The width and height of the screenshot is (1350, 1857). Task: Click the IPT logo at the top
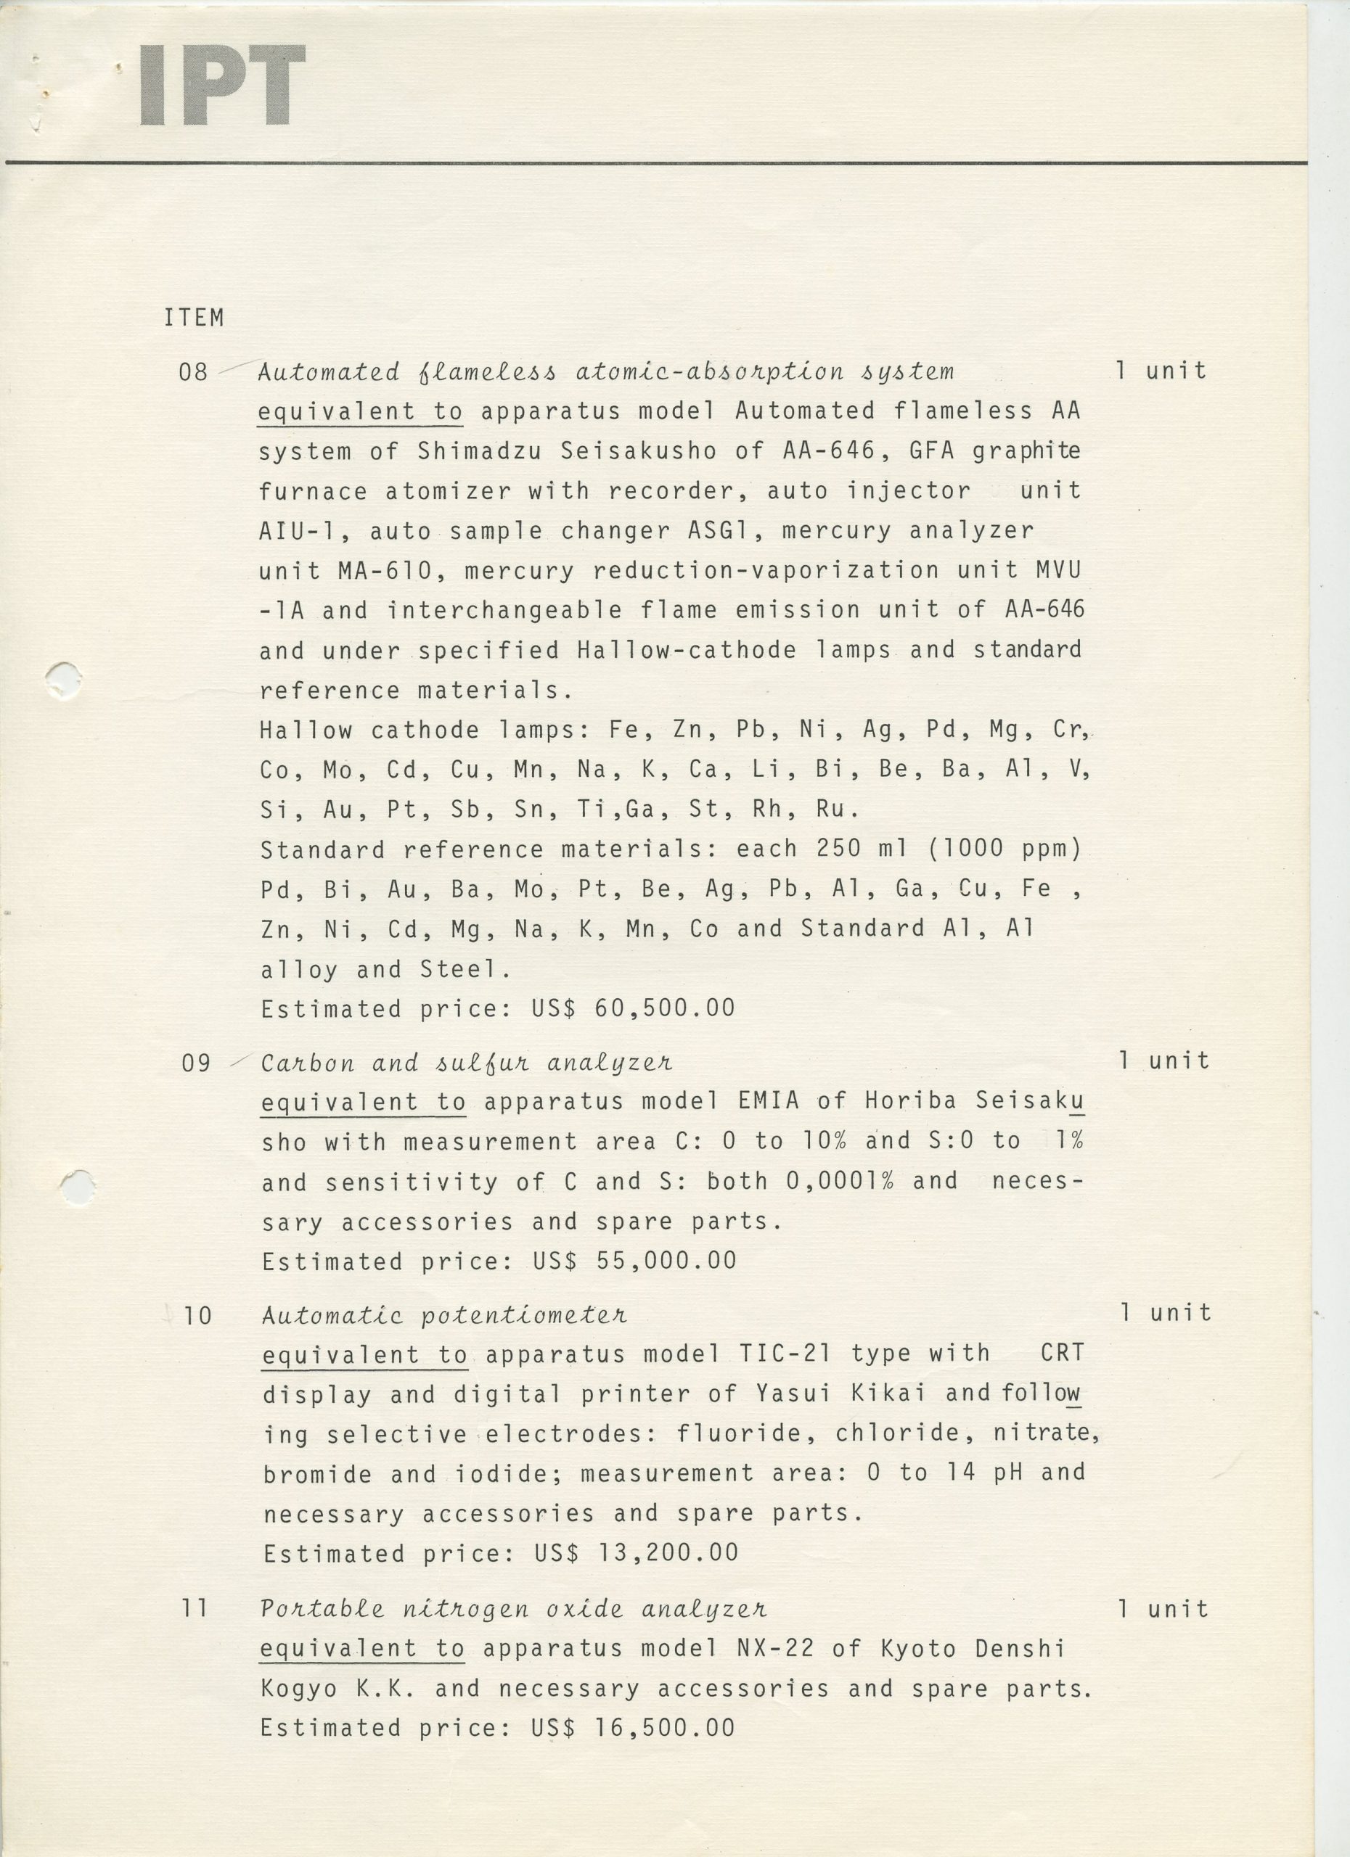222,86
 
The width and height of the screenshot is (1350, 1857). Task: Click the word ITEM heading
194,318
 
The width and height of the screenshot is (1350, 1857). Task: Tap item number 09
196,1063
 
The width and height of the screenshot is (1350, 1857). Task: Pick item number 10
197,1316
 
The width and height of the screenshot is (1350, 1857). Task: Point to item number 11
195,1609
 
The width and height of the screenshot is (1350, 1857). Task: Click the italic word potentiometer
524,1316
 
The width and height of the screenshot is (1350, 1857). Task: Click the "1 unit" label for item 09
1164,1061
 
